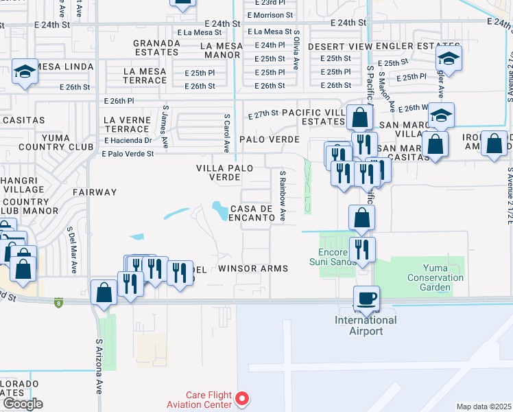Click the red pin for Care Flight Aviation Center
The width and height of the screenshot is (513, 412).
click(x=242, y=398)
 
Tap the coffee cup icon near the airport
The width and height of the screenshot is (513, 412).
click(x=366, y=297)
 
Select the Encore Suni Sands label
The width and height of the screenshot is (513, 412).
click(x=337, y=257)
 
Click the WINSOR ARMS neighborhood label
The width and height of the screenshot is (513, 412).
click(x=252, y=268)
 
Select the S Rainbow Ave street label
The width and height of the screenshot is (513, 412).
click(x=282, y=196)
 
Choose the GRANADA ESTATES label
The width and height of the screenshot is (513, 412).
click(x=156, y=47)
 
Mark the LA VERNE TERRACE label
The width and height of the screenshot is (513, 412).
click(x=126, y=124)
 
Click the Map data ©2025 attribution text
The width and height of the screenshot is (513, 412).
click(x=483, y=407)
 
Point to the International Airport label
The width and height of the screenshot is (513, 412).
click(x=366, y=325)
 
